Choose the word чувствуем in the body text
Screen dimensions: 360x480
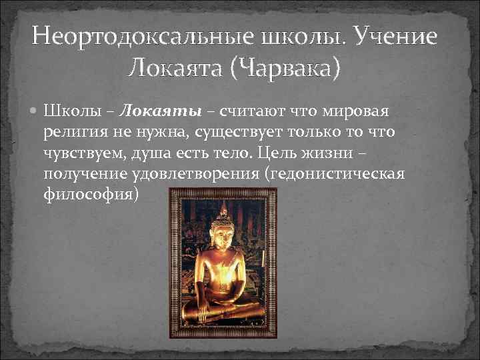click(83, 153)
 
